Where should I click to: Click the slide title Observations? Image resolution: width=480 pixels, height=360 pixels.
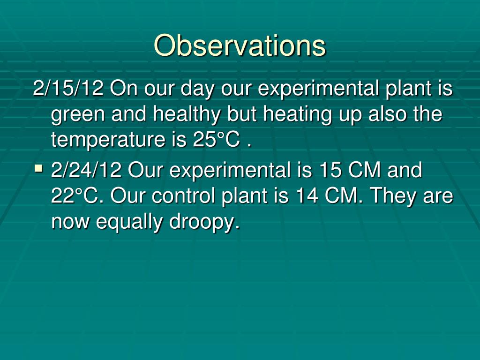[x=240, y=45]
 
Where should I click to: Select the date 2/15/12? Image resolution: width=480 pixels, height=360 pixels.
[x=68, y=88]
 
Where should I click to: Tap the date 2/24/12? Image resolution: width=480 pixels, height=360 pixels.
[x=87, y=170]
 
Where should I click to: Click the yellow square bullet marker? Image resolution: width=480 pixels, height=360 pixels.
[x=39, y=167]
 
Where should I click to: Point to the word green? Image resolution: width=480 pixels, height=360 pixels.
[x=77, y=114]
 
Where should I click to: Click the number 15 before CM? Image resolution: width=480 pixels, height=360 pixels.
[x=330, y=170]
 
